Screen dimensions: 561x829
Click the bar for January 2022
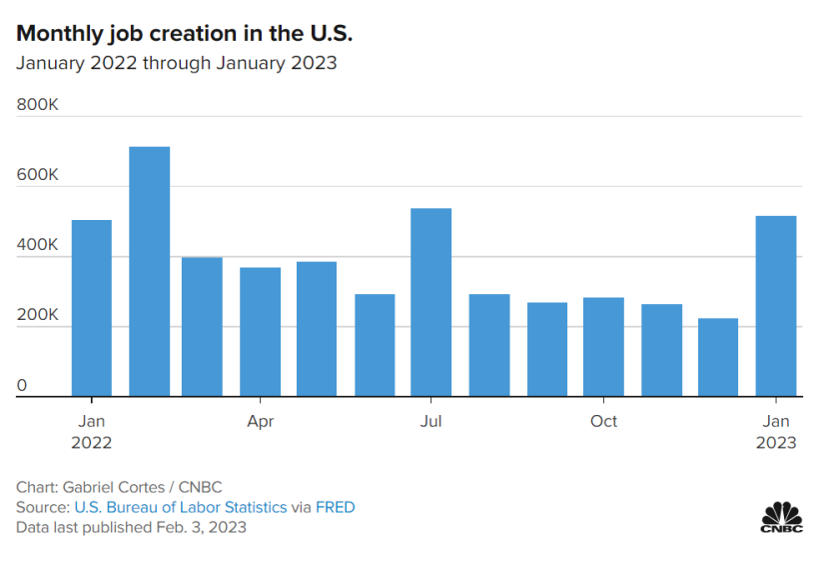click(x=91, y=308)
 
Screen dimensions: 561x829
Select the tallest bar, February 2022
click(x=149, y=271)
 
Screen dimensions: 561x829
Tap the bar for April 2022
click(x=260, y=331)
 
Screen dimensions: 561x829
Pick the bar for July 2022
click(x=430, y=302)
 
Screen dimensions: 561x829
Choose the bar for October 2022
click(x=603, y=346)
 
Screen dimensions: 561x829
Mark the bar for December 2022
click(x=717, y=357)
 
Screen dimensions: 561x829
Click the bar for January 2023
click(x=775, y=306)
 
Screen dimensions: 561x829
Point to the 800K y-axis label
click(x=38, y=104)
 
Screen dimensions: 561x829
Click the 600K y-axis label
click(x=38, y=175)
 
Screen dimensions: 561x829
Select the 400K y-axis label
click(x=38, y=245)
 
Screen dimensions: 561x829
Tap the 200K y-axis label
click(x=38, y=315)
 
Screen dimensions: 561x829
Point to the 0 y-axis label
click(x=22, y=385)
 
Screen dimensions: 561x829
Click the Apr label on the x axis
click(x=260, y=421)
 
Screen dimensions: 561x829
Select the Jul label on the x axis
click(x=430, y=421)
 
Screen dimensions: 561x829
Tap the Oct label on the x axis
click(x=603, y=421)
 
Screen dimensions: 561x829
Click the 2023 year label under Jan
click(x=776, y=443)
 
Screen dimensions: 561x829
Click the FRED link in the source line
click(x=335, y=507)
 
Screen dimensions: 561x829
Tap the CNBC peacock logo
click(x=782, y=517)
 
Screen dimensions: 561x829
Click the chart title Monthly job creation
click(x=185, y=33)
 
